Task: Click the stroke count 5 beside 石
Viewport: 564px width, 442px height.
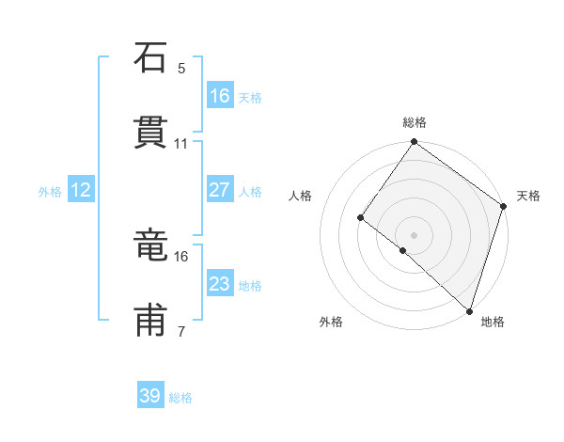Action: [x=181, y=69]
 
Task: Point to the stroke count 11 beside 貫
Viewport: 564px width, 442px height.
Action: [x=180, y=144]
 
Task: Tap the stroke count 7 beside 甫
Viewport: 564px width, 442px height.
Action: [x=181, y=331]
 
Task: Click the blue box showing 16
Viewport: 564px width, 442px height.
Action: [x=220, y=96]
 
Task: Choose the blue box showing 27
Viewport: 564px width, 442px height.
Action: [x=220, y=190]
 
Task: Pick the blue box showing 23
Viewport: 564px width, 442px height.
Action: [x=220, y=284]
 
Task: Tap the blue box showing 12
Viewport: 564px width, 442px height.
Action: [x=81, y=190]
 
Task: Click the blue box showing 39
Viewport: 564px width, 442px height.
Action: [x=150, y=396]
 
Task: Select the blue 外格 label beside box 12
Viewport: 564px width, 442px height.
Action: [x=50, y=192]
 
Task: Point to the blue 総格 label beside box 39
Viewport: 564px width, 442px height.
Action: [x=180, y=398]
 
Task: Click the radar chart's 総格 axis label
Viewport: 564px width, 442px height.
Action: [x=414, y=122]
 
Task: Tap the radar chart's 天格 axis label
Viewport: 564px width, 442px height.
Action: [x=528, y=196]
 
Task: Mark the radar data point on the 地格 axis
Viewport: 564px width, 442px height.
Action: [x=469, y=310]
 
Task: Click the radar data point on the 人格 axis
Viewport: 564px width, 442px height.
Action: [x=360, y=218]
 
